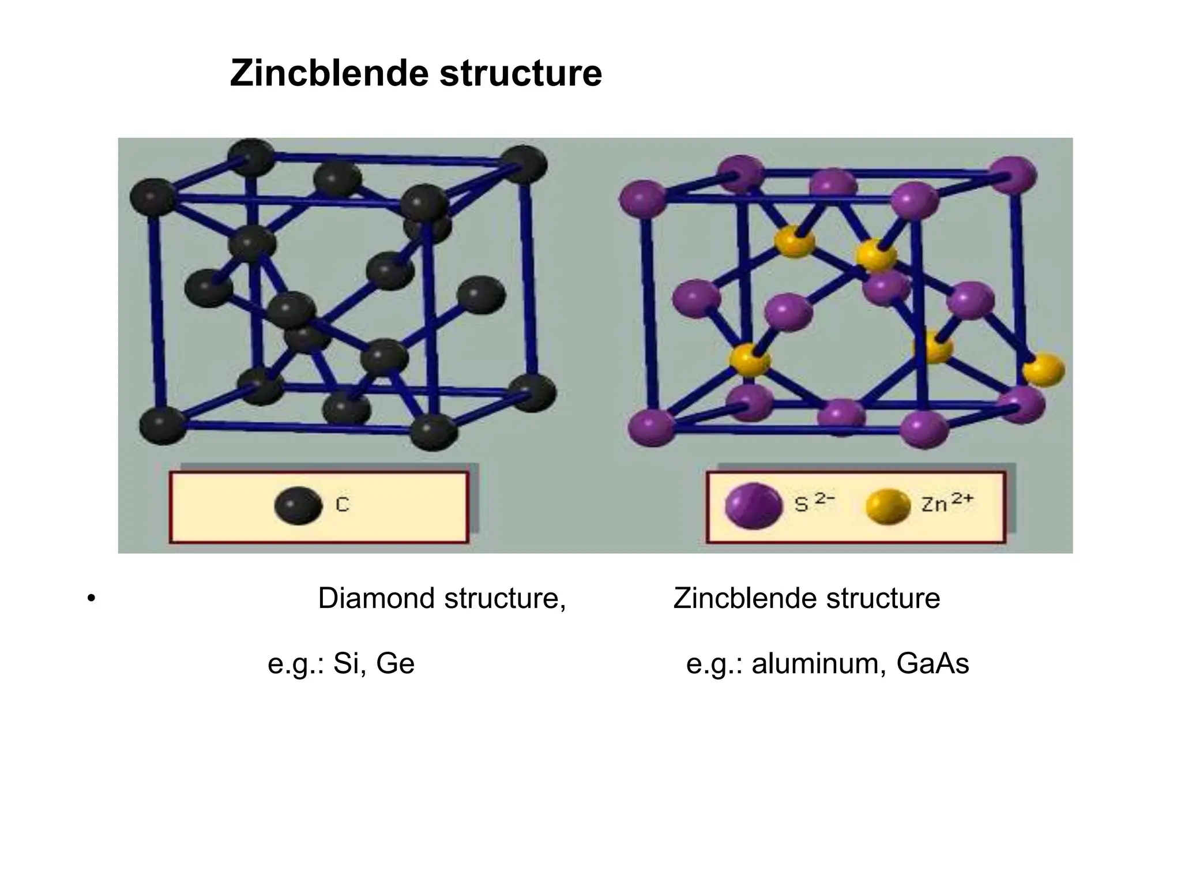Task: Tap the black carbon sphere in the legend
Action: coord(298,505)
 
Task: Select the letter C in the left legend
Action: coord(342,505)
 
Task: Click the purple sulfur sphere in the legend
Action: coord(753,505)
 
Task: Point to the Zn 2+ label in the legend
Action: coord(946,503)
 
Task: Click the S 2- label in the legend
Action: coord(814,503)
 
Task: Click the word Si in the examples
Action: coord(347,663)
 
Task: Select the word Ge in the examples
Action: coord(395,663)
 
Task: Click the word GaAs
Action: coord(932,663)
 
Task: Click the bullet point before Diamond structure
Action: coord(90,598)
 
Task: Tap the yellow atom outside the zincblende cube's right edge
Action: coord(1044,369)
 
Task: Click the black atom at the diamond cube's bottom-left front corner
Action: coord(163,425)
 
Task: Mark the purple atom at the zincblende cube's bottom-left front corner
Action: coord(652,427)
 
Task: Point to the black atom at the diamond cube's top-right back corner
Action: coord(522,164)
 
